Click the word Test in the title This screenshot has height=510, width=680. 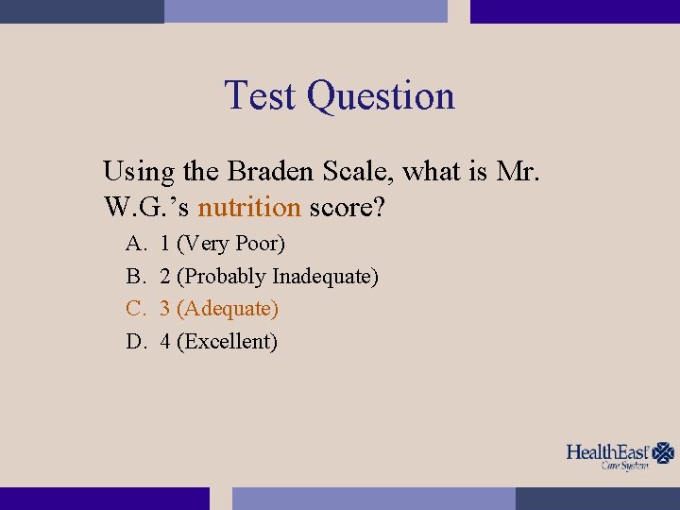click(262, 96)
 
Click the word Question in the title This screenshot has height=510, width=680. click(381, 97)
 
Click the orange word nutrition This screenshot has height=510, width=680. click(249, 207)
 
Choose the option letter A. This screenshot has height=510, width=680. click(136, 244)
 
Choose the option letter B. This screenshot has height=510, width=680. click(135, 277)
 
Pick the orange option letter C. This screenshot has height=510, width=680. click(135, 309)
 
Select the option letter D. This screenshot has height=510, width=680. click(136, 342)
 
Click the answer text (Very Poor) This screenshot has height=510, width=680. click(230, 244)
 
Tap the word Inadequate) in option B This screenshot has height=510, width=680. click(326, 277)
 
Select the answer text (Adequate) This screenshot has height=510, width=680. click(228, 309)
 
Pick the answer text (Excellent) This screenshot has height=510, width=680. click(227, 342)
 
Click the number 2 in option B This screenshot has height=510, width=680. click(165, 277)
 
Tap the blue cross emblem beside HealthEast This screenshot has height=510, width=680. click(664, 453)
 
